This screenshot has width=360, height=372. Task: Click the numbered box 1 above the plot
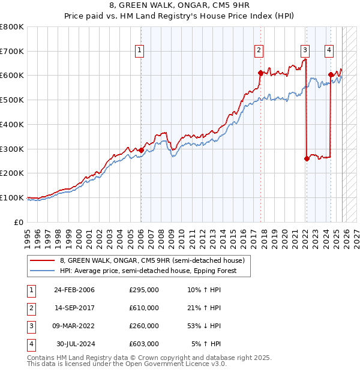139,51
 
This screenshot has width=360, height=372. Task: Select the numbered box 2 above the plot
259,51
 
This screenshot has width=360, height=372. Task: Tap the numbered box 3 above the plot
305,51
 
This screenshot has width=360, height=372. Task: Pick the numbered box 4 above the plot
329,51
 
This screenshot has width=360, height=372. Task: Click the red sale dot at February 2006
141,150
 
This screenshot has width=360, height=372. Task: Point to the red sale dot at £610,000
260,73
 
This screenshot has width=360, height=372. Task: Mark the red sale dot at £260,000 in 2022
307,158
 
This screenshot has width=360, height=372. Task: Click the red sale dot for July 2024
331,75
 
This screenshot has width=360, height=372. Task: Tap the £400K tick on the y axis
12,124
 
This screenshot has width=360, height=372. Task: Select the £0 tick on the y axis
19,222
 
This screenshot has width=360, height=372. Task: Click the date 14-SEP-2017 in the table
74,308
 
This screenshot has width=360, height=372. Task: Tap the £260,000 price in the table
144,326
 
